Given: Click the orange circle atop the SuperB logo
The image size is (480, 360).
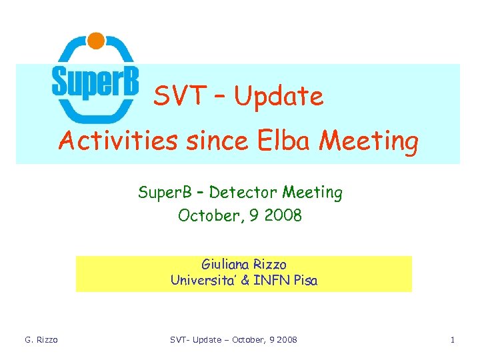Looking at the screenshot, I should pyautogui.click(x=96, y=41).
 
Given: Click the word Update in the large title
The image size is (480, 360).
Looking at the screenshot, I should pyautogui.click(x=279, y=97).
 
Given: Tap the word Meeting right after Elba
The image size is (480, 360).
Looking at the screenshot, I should pyautogui.click(x=369, y=141).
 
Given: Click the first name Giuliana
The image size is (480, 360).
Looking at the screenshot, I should pyautogui.click(x=227, y=265).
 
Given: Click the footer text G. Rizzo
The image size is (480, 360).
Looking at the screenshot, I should pyautogui.click(x=41, y=340).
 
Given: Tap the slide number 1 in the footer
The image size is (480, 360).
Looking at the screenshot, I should pyautogui.click(x=453, y=340).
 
